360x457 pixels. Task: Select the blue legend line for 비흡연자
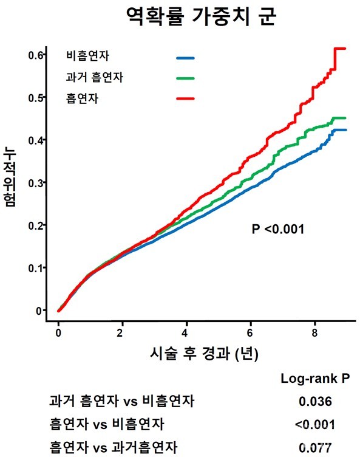(185, 58)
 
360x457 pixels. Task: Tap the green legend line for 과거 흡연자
(185, 78)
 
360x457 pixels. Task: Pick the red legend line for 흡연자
(185, 98)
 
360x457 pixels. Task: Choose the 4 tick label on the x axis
(186, 332)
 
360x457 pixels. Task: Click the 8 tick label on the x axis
(314, 332)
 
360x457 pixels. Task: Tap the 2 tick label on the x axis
(122, 332)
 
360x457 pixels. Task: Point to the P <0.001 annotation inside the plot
(277, 229)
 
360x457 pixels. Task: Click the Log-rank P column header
(315, 378)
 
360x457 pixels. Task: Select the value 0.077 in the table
(315, 448)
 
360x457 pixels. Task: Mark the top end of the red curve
(340, 49)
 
